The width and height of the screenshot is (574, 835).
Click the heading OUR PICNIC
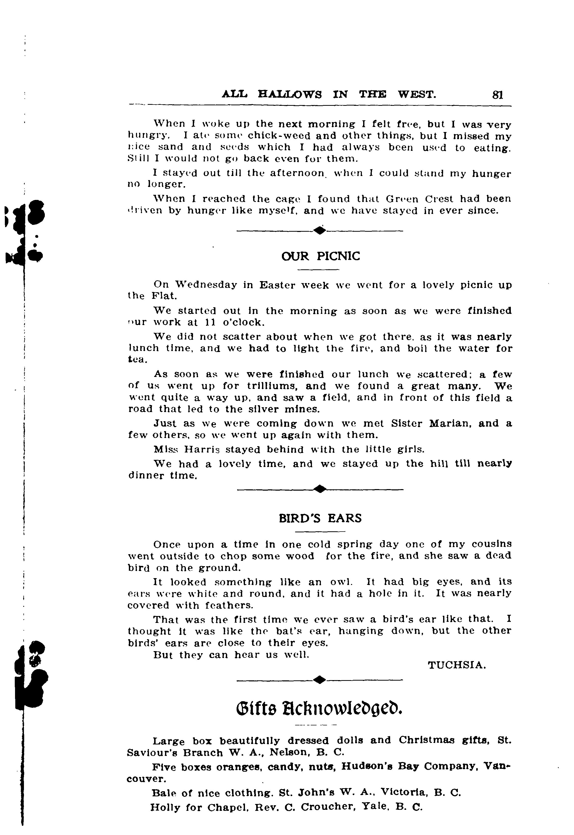(320, 256)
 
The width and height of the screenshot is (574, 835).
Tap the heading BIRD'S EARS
(320, 518)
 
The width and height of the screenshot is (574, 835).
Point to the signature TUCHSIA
(457, 665)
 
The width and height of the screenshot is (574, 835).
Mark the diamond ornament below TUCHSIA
(320, 679)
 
